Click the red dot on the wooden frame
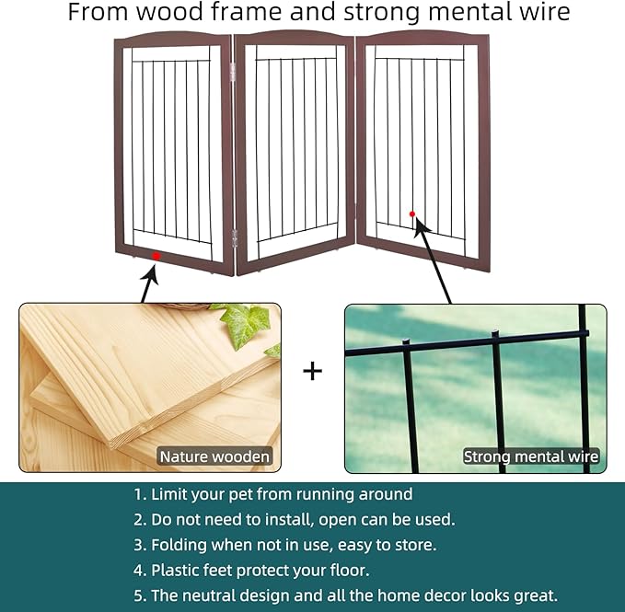tap(156, 256)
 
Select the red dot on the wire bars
tap(412, 214)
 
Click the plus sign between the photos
tap(313, 372)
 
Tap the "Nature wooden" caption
tap(214, 456)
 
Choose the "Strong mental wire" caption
tap(531, 456)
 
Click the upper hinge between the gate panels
tap(233, 71)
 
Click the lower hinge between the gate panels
tap(235, 237)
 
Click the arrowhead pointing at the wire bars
tap(421, 228)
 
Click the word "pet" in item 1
tap(241, 495)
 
